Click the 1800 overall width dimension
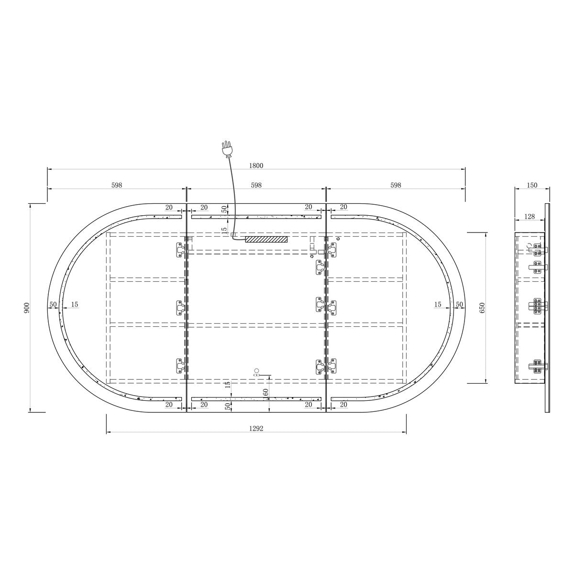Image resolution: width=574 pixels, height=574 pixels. point(256,166)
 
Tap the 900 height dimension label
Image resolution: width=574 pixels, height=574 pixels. point(27,308)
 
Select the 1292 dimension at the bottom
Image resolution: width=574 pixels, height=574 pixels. point(256,428)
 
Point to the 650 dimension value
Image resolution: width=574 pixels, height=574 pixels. point(483,308)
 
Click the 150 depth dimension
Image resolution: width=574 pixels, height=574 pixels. point(532,185)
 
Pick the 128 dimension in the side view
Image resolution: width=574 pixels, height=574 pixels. point(530,217)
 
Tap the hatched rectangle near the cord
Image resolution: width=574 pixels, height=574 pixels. point(266,240)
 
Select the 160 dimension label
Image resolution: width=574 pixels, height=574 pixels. point(265,393)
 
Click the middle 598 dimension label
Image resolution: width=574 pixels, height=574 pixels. point(256,185)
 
